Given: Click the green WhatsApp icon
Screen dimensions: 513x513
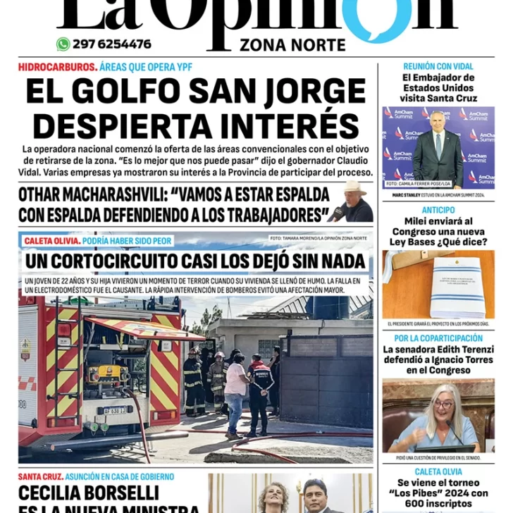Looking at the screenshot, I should click(63, 44).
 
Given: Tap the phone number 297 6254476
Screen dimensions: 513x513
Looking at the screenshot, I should click(111, 44).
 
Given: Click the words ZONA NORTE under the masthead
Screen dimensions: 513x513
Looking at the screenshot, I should click(292, 46).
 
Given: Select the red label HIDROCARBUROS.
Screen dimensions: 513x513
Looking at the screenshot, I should click(57, 68).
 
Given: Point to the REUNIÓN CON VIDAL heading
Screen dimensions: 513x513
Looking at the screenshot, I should click(438, 67).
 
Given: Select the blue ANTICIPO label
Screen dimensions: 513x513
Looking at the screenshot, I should click(438, 210).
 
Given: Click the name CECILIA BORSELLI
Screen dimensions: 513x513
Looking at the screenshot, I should click(89, 493).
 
